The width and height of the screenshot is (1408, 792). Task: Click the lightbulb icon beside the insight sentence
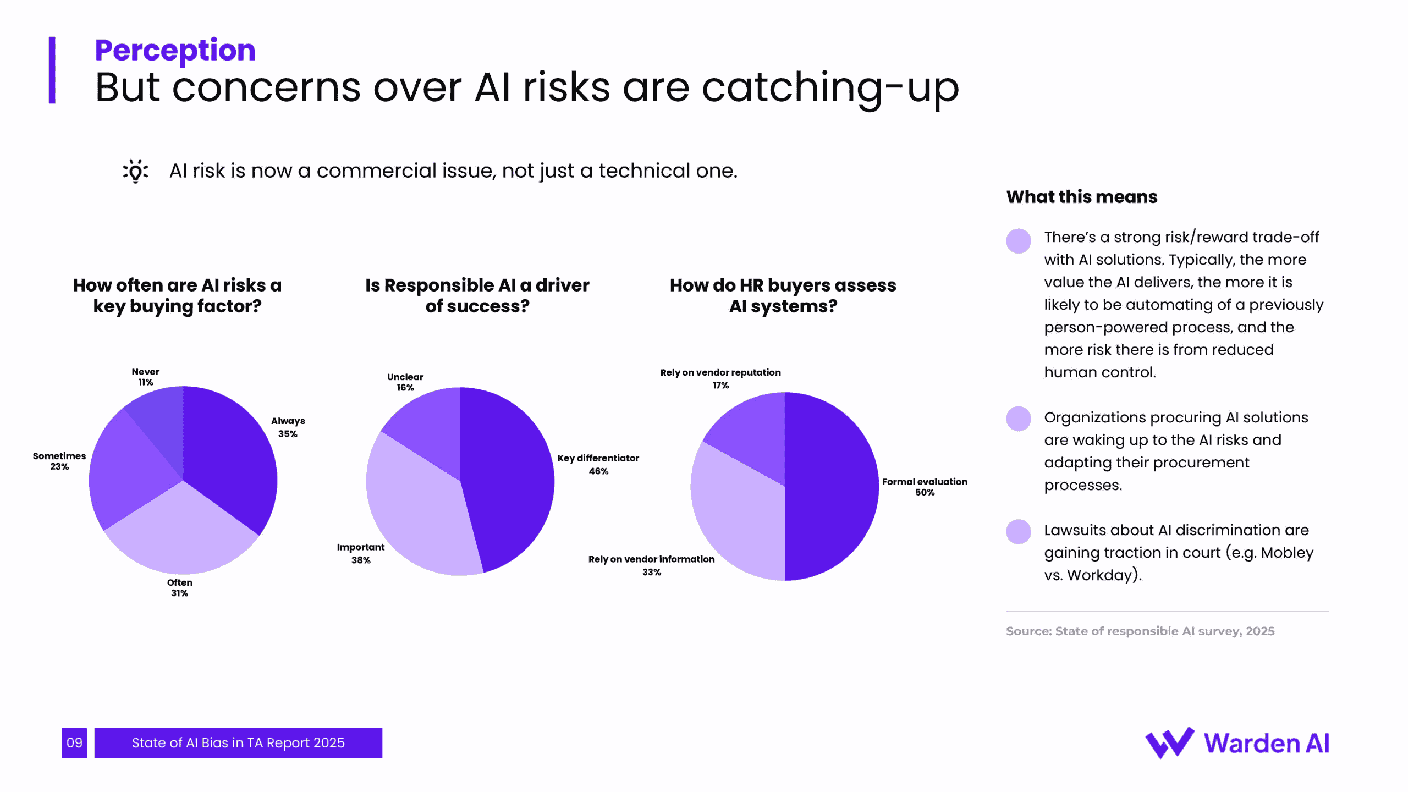(x=135, y=171)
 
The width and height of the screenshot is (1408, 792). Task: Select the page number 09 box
(x=74, y=743)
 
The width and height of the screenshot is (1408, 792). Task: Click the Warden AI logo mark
(x=1169, y=743)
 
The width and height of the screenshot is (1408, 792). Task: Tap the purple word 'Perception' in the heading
(x=175, y=50)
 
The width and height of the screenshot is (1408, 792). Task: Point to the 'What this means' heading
(x=1081, y=197)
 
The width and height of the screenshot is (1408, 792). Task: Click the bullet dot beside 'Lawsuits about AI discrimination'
(x=1018, y=532)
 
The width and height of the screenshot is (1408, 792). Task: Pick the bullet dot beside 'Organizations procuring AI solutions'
(x=1018, y=419)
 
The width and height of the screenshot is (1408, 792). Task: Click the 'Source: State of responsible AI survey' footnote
(x=1140, y=631)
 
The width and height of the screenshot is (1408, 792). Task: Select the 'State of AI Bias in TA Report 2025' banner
(x=238, y=743)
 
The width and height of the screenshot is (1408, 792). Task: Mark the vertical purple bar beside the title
(x=52, y=70)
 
